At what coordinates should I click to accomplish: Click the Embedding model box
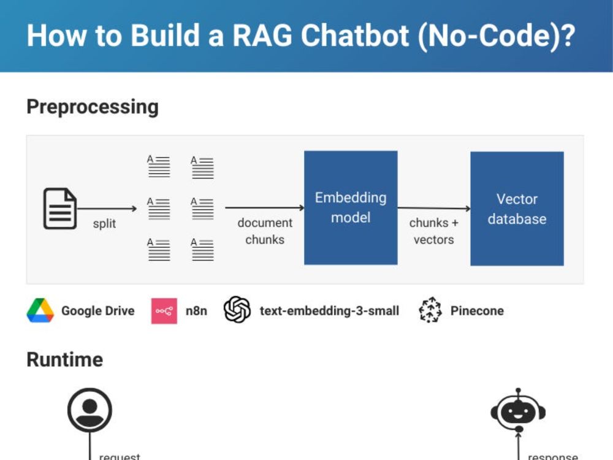point(351,208)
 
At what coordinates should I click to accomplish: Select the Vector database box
point(517,209)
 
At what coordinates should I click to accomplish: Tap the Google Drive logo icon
point(40,311)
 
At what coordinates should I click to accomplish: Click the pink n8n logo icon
point(164,311)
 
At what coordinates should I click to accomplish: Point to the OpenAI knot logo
point(237,310)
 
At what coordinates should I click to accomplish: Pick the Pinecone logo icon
point(430,310)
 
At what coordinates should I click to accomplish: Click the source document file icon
point(60,209)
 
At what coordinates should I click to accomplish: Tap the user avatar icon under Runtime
point(89,410)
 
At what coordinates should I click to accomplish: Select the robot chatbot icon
point(518,410)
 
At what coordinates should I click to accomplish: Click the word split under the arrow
point(104,224)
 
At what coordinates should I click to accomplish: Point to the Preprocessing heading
point(93,107)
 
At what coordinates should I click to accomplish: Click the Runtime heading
point(64,359)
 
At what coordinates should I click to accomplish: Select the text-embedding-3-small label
point(329,311)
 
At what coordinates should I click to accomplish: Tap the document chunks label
point(265,231)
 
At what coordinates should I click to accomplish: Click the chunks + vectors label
point(433,231)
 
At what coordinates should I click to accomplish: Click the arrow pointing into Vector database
point(433,209)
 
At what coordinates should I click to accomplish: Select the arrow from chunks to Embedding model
point(265,208)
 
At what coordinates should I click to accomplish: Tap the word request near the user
point(120,456)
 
